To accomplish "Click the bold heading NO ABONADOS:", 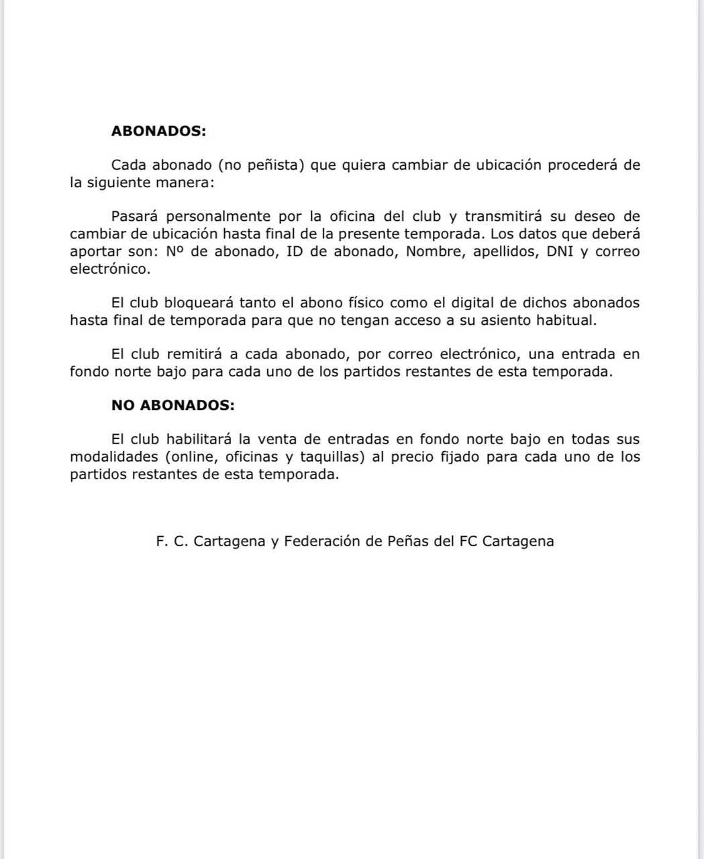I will pos(172,405).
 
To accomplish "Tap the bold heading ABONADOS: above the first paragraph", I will pos(158,131).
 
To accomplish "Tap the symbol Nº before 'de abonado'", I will pos(174,252).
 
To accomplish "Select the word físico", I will pos(360,303).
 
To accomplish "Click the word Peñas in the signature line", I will pos(409,541).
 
